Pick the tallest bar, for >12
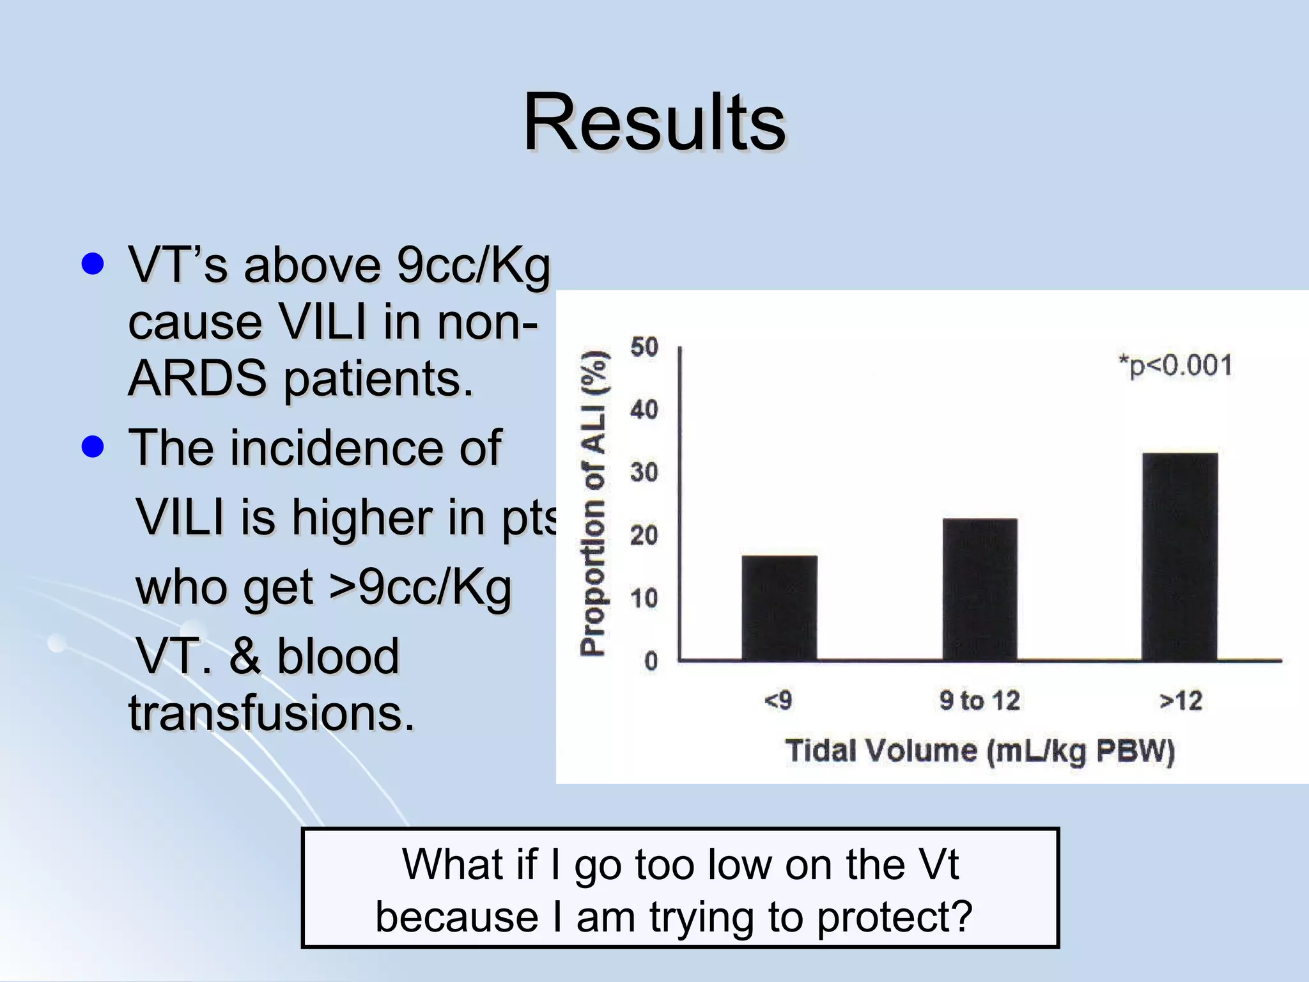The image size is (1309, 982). [1180, 556]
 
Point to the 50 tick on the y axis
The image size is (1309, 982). [644, 347]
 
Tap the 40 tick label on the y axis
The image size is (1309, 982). [644, 410]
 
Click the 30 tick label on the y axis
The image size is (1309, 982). [644, 472]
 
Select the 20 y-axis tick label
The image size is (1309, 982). [644, 535]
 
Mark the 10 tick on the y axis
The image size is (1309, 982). [644, 598]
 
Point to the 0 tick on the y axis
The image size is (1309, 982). [651, 661]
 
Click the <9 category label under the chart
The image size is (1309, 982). [778, 701]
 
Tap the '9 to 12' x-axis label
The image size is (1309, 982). [980, 701]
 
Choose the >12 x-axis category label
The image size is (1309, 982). [1181, 701]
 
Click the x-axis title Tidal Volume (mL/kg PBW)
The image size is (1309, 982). [980, 751]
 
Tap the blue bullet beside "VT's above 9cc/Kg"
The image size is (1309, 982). [93, 263]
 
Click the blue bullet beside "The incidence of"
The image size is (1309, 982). [93, 447]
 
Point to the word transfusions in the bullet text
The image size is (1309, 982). [272, 713]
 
